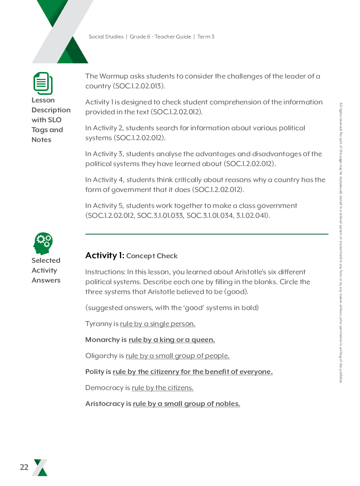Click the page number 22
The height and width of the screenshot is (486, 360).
(24, 467)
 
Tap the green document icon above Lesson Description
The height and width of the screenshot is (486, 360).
(43, 83)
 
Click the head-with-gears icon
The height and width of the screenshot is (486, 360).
(43, 243)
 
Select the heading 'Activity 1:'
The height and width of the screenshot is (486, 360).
(105, 256)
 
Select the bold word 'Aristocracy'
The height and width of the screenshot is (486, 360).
(105, 404)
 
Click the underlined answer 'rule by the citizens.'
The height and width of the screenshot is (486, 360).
(163, 388)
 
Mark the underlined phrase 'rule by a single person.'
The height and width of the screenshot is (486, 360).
(158, 324)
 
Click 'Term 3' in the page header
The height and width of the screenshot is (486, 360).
(206, 37)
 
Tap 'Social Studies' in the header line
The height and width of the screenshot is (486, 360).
(106, 37)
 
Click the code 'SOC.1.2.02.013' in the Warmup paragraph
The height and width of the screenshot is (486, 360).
(139, 86)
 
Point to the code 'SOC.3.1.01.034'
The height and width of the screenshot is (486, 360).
(209, 216)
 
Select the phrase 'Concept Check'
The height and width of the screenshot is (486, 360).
(152, 256)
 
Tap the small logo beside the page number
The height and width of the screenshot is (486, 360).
(40, 467)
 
